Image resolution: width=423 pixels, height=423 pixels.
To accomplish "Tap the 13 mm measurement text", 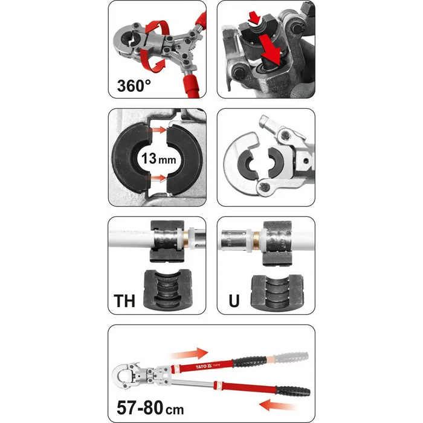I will click(157, 159).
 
